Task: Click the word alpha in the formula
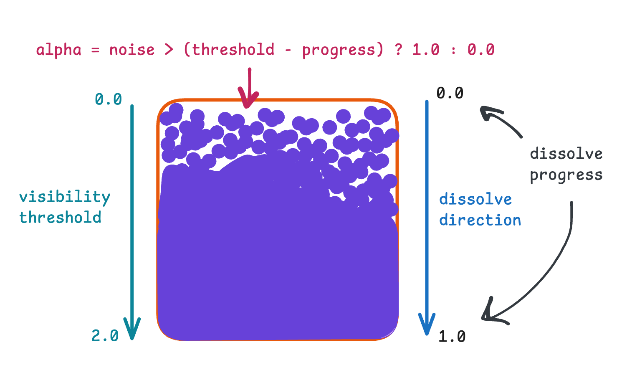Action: [58, 50]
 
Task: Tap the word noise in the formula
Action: [132, 50]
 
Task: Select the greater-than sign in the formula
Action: [169, 50]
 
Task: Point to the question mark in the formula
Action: [399, 49]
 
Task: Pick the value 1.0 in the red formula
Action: [426, 50]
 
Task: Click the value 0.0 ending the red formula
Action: [481, 50]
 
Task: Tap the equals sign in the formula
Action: [95, 50]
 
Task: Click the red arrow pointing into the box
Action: [248, 88]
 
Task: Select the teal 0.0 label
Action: [108, 99]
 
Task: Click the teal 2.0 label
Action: [105, 335]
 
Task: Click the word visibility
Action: [65, 197]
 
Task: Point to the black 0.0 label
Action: [450, 93]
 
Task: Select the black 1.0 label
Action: [452, 337]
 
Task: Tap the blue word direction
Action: [480, 220]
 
